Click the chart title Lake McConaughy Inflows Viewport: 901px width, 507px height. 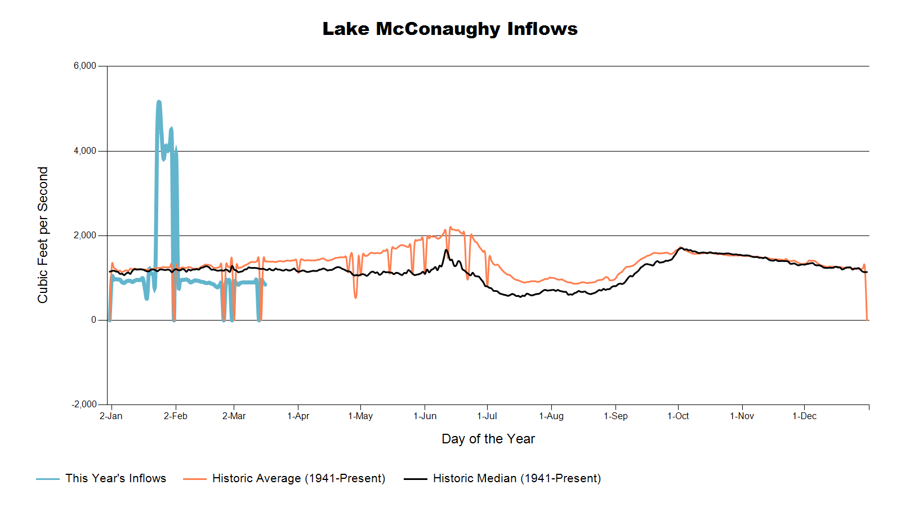pos(450,29)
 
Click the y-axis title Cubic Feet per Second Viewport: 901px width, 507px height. pos(43,235)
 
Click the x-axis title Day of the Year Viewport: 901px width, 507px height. pos(488,439)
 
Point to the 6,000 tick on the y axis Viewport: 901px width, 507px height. pos(85,66)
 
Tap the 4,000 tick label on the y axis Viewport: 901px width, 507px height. pos(85,151)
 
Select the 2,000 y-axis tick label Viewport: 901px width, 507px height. pos(85,235)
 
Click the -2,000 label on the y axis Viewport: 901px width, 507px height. pos(84,404)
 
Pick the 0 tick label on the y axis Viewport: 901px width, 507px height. pos(93,320)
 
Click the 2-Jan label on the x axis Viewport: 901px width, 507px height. pos(111,416)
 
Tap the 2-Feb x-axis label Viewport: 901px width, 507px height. pos(176,416)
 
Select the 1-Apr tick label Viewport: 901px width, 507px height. pos(298,416)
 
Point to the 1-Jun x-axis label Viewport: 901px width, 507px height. pos(425,416)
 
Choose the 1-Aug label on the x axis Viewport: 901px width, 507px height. pos(551,416)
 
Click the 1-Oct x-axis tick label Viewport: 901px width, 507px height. pos(678,416)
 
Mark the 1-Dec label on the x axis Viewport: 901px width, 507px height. pos(805,416)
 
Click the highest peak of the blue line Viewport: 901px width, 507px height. pos(159,101)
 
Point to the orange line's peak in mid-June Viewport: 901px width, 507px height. pos(450,227)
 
